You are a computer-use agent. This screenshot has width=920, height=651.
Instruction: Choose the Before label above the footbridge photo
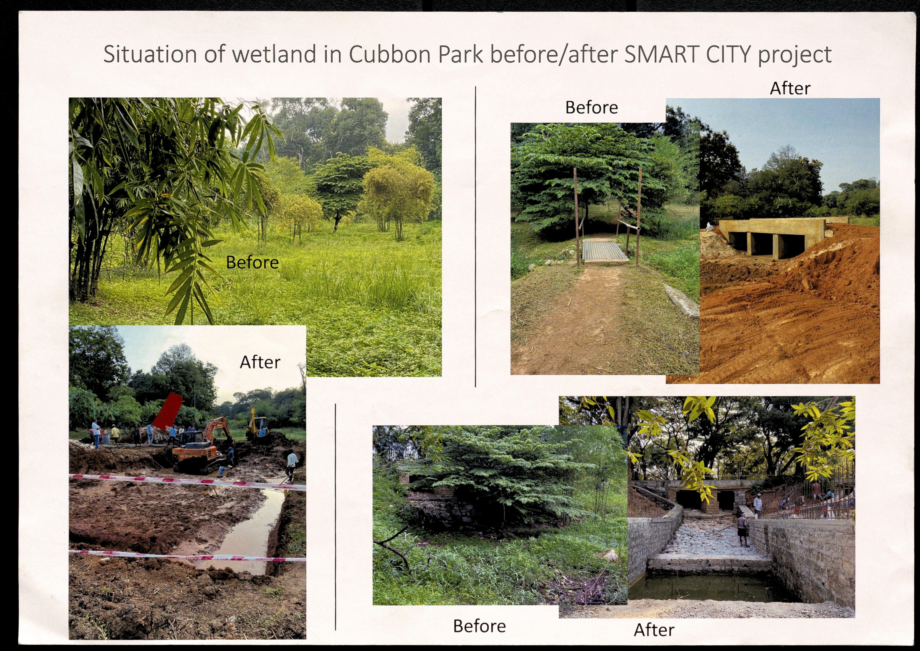[x=591, y=107]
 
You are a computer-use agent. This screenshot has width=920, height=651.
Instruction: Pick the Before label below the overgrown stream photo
[x=479, y=626]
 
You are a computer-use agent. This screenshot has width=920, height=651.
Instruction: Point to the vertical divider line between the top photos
[x=475, y=236]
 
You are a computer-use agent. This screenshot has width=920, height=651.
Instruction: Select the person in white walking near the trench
[x=291, y=465]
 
